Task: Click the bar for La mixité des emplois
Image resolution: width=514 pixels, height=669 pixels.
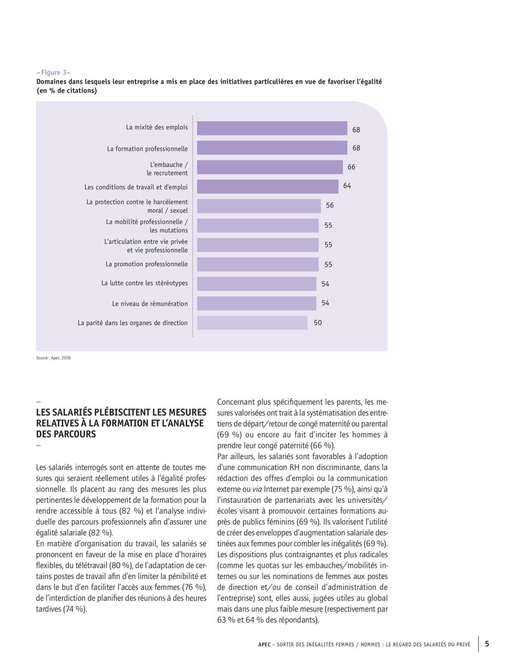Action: [272, 128]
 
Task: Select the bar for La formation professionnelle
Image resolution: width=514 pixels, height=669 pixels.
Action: [272, 148]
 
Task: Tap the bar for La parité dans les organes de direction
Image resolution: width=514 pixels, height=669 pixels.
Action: [252, 323]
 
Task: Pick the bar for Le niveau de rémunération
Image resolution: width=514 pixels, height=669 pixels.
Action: [256, 303]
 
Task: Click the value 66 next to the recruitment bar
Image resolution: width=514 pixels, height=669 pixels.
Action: [351, 167]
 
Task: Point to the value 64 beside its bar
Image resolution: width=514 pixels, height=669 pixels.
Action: [347, 186]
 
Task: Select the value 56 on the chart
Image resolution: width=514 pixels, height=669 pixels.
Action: [330, 206]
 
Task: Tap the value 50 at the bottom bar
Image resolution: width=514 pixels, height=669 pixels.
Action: [317, 323]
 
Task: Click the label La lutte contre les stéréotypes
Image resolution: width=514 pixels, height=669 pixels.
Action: [144, 283]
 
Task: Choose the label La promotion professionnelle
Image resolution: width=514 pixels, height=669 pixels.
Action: [146, 264]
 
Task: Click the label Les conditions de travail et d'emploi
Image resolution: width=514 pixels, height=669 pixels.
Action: [136, 187]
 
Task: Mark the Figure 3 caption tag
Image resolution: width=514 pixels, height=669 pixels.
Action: [53, 72]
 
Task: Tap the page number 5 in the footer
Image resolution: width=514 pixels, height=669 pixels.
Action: [487, 644]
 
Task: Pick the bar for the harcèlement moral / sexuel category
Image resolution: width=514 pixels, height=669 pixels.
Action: [258, 206]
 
